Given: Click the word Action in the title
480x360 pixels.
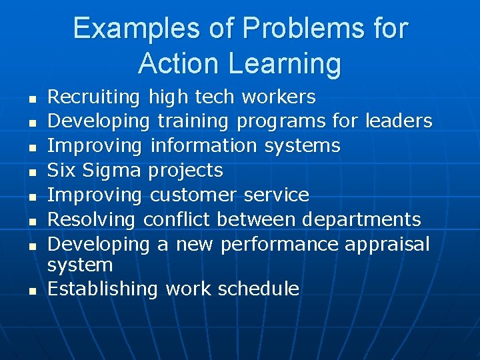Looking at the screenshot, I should coord(179,63).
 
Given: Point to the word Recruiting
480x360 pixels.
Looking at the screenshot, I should coord(93,97).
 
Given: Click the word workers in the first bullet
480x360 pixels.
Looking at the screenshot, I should coord(279,97).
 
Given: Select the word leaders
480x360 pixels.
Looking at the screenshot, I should coord(399,121).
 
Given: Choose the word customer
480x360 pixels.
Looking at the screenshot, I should coord(193,195).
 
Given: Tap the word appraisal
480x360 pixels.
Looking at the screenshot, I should coord(387,244).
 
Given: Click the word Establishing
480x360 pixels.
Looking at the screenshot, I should coord(103,289).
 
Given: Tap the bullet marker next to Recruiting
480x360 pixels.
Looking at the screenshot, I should coord(31,99).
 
